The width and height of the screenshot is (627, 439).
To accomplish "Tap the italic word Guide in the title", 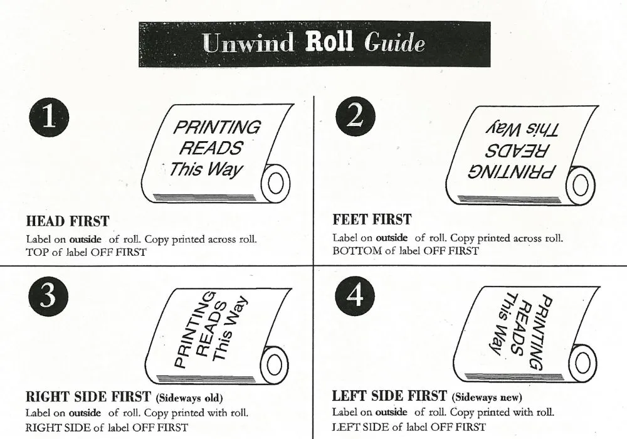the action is coord(394,42).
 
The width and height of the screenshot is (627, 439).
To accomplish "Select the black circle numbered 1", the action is coord(49,117).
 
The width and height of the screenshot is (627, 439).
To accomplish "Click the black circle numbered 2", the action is coord(355,117).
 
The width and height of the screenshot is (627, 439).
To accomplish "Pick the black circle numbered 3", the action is coord(48,296).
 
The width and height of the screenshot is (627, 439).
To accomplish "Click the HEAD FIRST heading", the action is coord(68,221).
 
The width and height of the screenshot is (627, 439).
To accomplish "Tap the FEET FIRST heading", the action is coord(372,219).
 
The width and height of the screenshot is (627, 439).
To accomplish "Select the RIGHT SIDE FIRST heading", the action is coord(88,396).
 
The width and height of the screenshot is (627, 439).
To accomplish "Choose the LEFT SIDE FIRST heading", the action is coord(389,396).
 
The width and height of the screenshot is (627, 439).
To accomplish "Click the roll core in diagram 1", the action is coord(275,184).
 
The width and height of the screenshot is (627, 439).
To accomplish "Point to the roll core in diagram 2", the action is coord(581,186).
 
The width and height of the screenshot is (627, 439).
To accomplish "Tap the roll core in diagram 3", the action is coord(275,364).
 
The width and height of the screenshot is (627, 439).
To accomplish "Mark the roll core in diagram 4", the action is coord(582,364).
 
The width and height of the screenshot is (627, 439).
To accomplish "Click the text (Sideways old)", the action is coord(189,398).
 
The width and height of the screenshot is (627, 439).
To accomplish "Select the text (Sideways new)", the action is coord(487,397).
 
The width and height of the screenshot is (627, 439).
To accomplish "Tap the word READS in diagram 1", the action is coord(210,149).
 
